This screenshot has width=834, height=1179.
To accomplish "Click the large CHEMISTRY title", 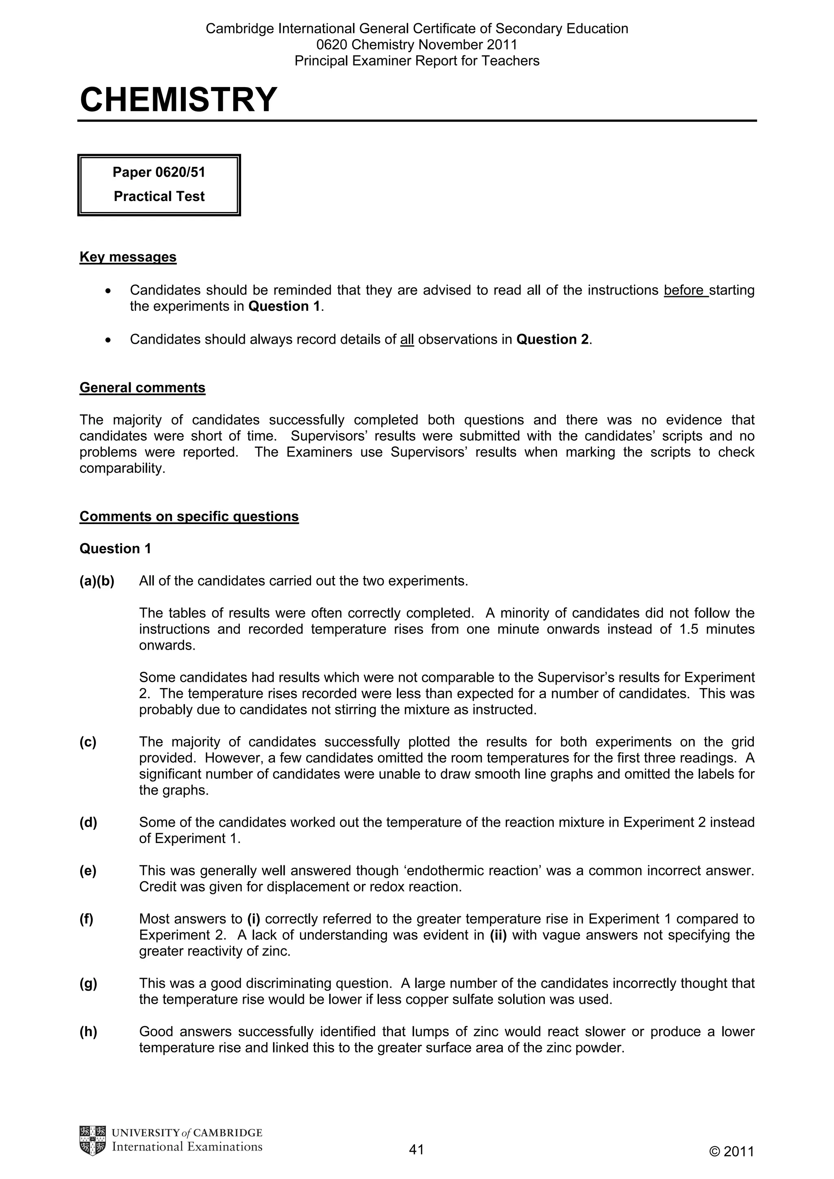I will click(178, 100).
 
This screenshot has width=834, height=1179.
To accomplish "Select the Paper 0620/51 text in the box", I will click(159, 172).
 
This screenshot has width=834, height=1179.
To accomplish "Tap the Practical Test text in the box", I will click(159, 196).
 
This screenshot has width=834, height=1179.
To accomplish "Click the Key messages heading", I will click(128, 257).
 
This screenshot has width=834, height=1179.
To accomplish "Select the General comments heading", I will click(143, 387).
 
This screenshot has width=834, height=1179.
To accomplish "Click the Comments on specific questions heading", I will click(189, 516).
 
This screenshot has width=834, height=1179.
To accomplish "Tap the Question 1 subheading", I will click(115, 548).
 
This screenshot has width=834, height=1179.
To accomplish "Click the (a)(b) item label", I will click(97, 581).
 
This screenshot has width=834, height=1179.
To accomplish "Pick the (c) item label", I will click(88, 742).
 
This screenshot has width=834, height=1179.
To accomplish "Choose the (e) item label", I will click(88, 871).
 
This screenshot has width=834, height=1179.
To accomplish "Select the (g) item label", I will click(88, 983).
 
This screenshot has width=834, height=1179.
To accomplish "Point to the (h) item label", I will click(88, 1032).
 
